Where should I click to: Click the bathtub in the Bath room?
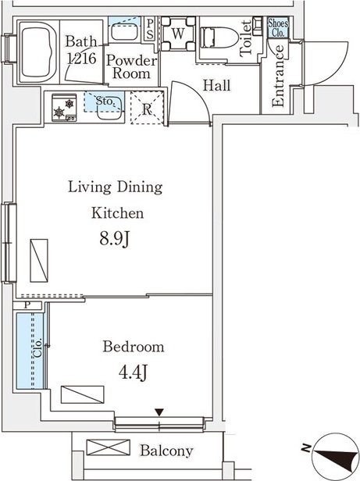pyautogui.click(x=37, y=52)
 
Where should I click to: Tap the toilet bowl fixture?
pyautogui.click(x=219, y=37)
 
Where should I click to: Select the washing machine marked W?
pyautogui.click(x=178, y=34)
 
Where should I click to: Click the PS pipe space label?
pyautogui.click(x=150, y=29)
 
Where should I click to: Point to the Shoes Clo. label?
pyautogui.click(x=278, y=27)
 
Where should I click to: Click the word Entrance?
pyautogui.click(x=278, y=76)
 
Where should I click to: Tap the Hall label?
pyautogui.click(x=216, y=85)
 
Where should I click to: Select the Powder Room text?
pyautogui.click(x=131, y=67)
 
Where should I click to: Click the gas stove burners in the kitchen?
pyautogui.click(x=64, y=108)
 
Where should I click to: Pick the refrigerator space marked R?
pyautogui.click(x=147, y=108)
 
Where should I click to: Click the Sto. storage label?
pyautogui.click(x=105, y=101)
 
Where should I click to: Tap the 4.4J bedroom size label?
pyautogui.click(x=134, y=372)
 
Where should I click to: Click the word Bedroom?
pyautogui.click(x=134, y=347)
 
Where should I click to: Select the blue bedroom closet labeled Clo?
pyautogui.click(x=30, y=351)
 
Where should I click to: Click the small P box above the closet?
pyautogui.click(x=27, y=305)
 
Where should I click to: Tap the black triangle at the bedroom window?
pyautogui.click(x=159, y=412)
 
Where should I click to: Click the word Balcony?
pyautogui.click(x=166, y=451)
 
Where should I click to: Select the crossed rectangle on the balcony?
pyautogui.click(x=109, y=447)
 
